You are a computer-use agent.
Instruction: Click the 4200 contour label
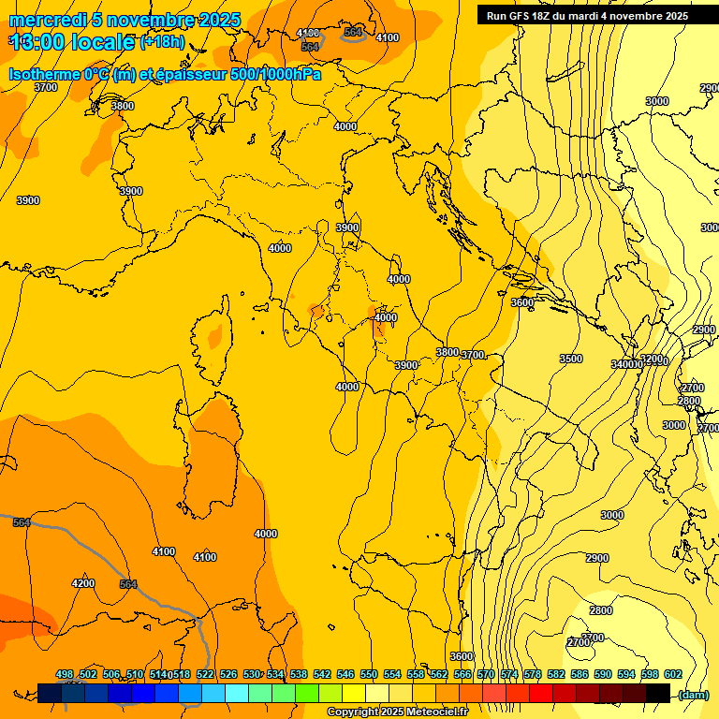click(x=83, y=583)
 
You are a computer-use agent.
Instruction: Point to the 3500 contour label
click(x=570, y=359)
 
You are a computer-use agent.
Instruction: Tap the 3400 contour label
click(x=623, y=364)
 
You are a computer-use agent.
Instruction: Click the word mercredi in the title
click(x=46, y=20)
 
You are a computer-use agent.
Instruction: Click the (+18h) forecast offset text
click(x=162, y=42)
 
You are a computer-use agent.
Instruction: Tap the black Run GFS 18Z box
click(x=587, y=16)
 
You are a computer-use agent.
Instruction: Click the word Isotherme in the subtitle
click(x=43, y=74)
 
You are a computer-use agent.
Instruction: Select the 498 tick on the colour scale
click(x=65, y=675)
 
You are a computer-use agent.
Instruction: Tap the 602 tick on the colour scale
click(x=672, y=675)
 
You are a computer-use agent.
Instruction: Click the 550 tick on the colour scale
click(x=369, y=675)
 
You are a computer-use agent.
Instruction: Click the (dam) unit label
click(x=694, y=694)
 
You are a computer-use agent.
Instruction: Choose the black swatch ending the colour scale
click(x=658, y=693)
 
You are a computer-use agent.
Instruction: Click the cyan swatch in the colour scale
click(x=237, y=693)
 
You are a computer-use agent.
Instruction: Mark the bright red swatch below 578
click(x=541, y=693)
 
